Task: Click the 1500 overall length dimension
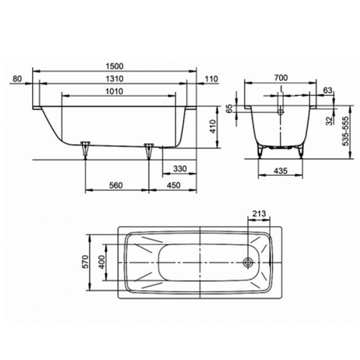click(x=115, y=66)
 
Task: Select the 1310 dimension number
click(x=115, y=79)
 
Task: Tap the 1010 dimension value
click(x=115, y=91)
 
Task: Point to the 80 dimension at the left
click(x=17, y=79)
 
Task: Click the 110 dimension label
click(x=211, y=79)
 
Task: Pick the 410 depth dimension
click(x=213, y=126)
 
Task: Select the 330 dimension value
click(x=180, y=169)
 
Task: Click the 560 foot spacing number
click(x=116, y=185)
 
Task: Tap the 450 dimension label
click(x=174, y=185)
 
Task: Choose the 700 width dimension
click(x=281, y=78)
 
